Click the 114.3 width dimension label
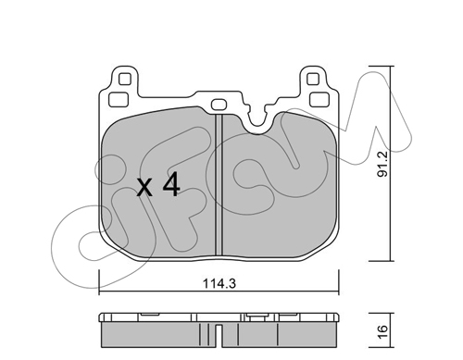click(219, 283)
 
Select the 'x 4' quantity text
click(158, 185)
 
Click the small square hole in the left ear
click(125, 80)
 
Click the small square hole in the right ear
click(313, 80)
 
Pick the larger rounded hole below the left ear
click(119, 99)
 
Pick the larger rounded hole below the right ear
click(319, 99)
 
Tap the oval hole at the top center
click(219, 105)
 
